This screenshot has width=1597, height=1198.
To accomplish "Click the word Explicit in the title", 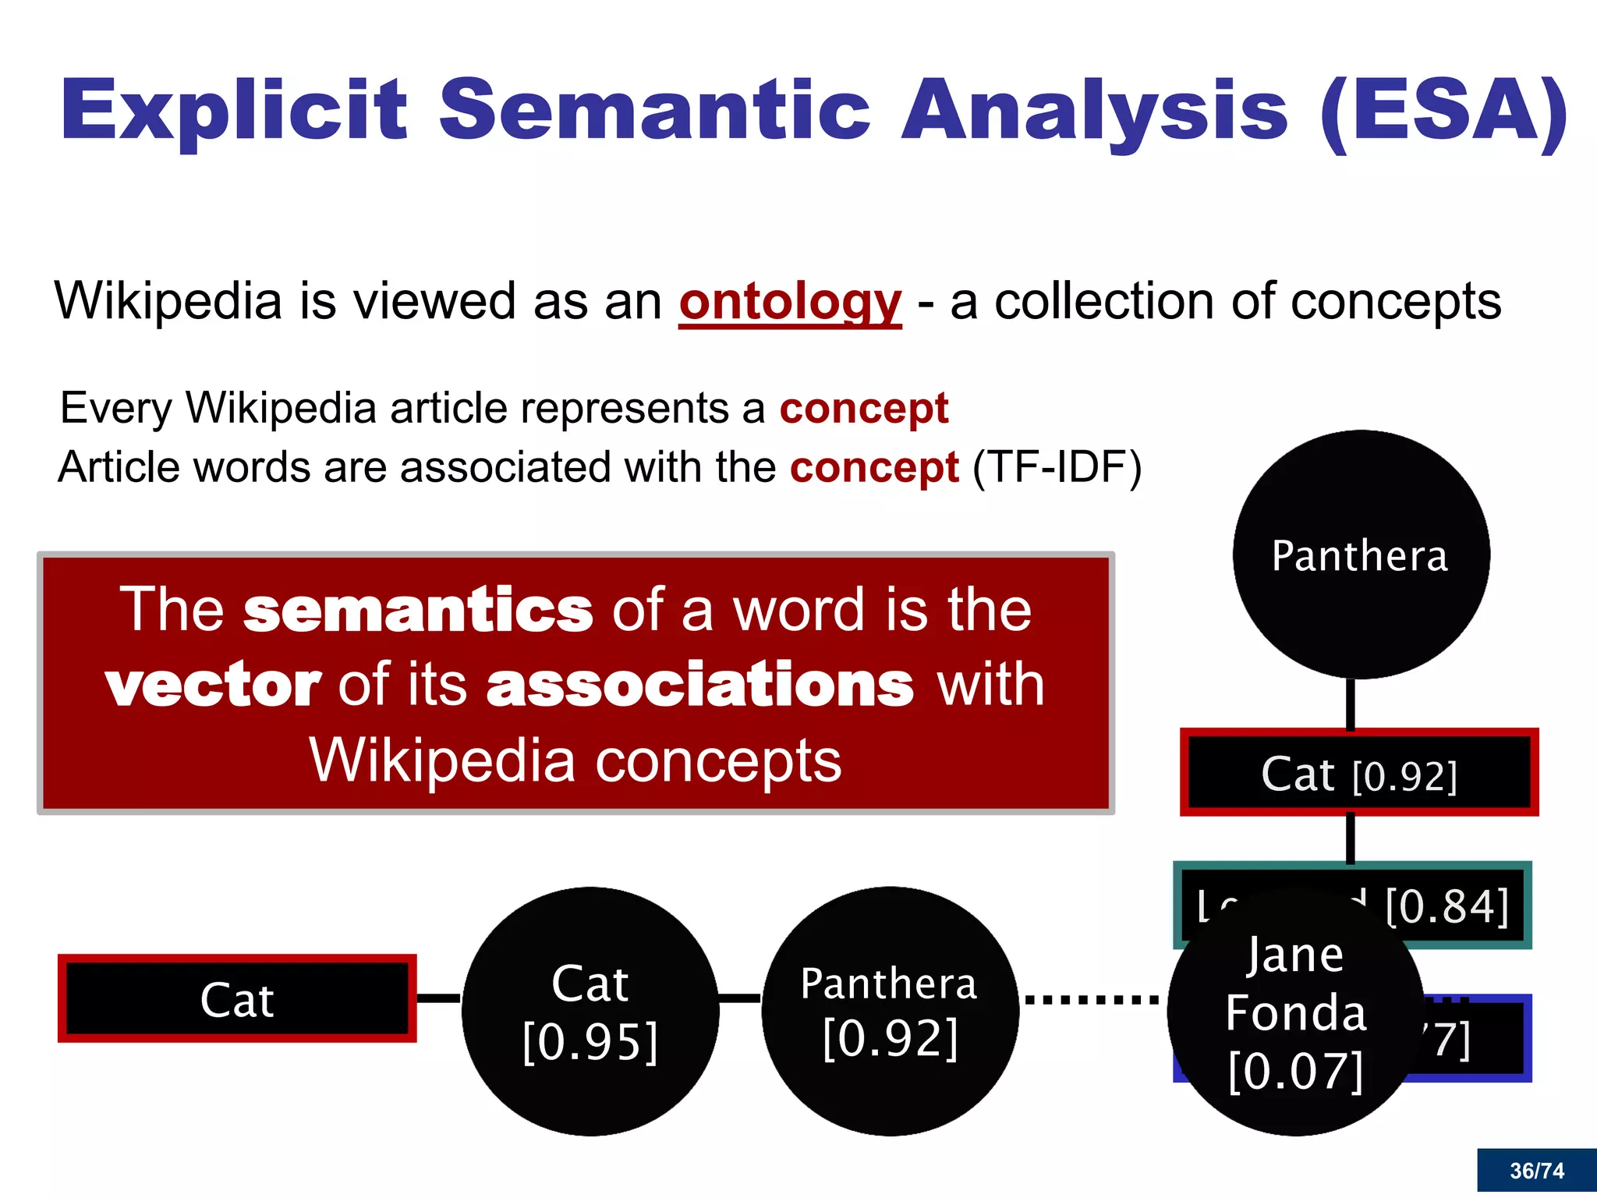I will point(234,111).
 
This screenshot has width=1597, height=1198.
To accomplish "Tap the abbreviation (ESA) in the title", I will point(1443,111).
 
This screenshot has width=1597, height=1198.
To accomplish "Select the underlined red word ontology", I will point(790,302).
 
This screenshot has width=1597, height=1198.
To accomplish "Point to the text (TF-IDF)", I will point(1057,468).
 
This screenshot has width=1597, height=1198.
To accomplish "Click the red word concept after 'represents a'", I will point(864,408).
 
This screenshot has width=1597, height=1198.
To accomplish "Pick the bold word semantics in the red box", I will point(418,609).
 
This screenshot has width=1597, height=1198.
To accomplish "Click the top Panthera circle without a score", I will point(1360,555).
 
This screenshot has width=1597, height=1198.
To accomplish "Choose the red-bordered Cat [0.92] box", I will point(1359,773).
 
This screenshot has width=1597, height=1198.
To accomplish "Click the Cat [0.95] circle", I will point(590,1011).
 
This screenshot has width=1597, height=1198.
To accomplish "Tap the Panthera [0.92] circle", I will point(890,1011).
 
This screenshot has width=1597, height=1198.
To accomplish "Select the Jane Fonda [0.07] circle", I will point(1294,1012).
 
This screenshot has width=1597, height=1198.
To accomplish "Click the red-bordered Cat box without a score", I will point(237,998).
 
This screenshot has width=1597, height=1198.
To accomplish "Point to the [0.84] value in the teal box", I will point(1447,906).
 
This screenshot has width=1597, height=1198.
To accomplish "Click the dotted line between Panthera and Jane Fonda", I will point(1092,999).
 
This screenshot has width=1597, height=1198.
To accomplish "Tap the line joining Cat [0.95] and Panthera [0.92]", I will point(739,998).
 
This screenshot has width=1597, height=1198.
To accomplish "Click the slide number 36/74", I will point(1536,1171).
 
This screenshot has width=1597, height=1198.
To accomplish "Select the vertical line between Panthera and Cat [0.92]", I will point(1350,704).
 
